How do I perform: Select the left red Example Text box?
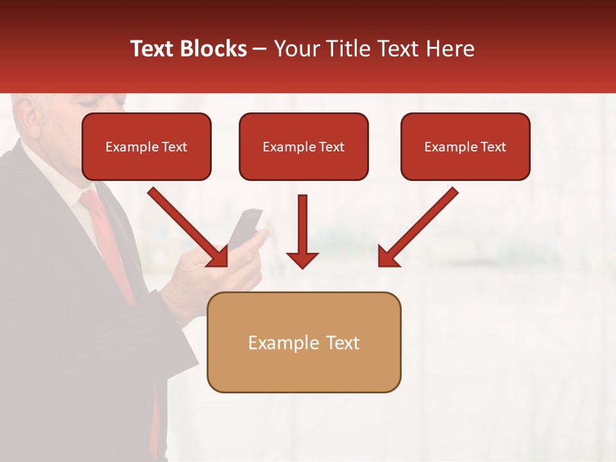tap(146, 147)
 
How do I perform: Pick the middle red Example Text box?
tap(304, 147)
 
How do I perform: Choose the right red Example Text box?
tap(465, 147)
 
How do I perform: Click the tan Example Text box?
tap(304, 343)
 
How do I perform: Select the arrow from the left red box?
tap(189, 228)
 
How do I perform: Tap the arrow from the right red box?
tap(418, 228)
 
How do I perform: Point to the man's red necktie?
tap(109, 244)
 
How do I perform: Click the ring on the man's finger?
tap(251, 283)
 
